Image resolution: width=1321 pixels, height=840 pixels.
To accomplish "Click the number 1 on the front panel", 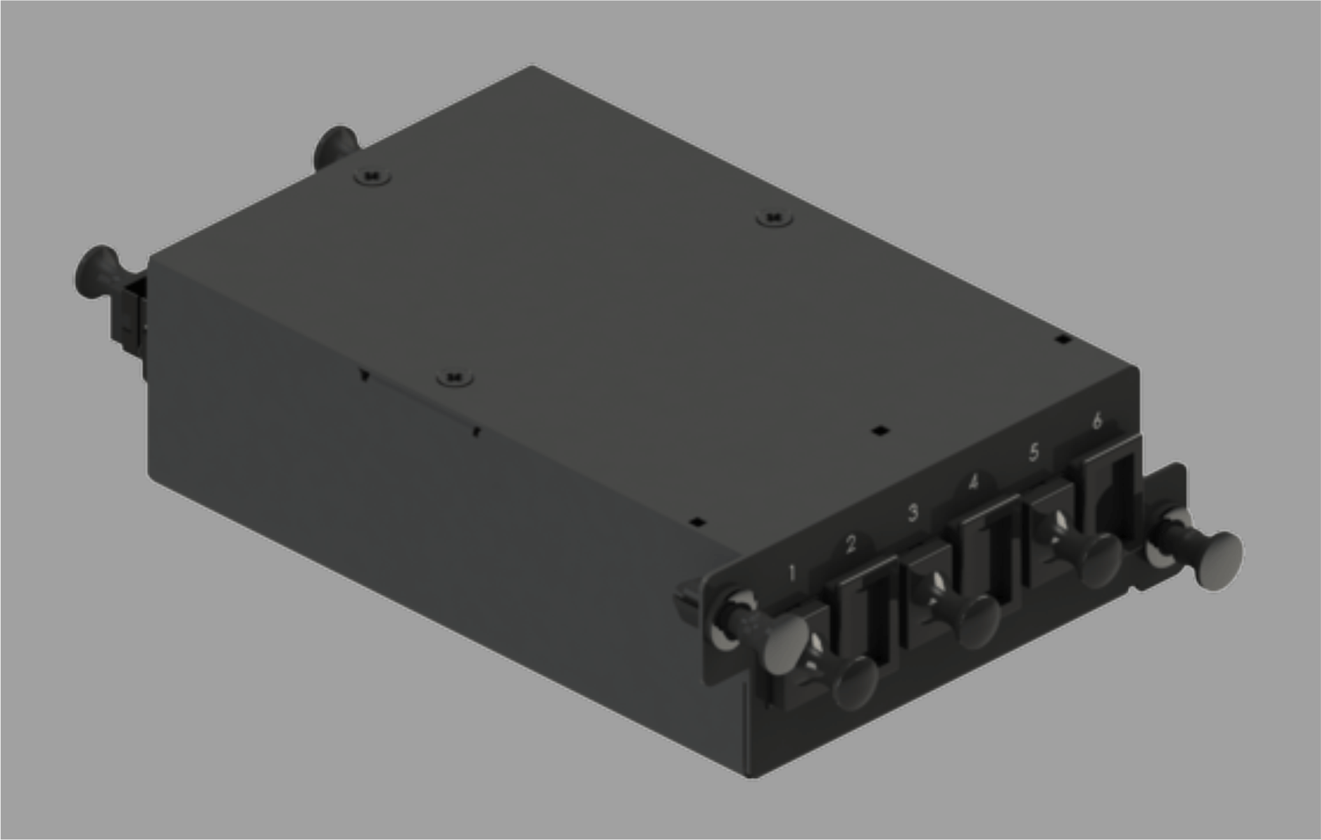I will (x=792, y=573).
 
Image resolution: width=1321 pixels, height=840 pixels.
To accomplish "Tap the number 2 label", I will (x=851, y=544).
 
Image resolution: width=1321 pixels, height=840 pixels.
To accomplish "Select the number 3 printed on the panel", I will (x=913, y=512).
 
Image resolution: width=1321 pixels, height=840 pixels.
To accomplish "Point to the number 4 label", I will (x=973, y=482).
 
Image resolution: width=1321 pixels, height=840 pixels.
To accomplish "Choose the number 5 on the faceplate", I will (x=1034, y=451).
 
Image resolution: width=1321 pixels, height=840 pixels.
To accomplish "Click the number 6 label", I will (x=1096, y=421).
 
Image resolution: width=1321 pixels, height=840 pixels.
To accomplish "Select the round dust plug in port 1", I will (x=856, y=683).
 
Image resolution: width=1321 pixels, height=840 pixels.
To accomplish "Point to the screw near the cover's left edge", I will (x=454, y=379).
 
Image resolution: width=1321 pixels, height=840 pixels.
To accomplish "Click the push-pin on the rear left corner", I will (x=99, y=272).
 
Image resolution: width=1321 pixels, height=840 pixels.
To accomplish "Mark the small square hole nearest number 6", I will (x=1064, y=340).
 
